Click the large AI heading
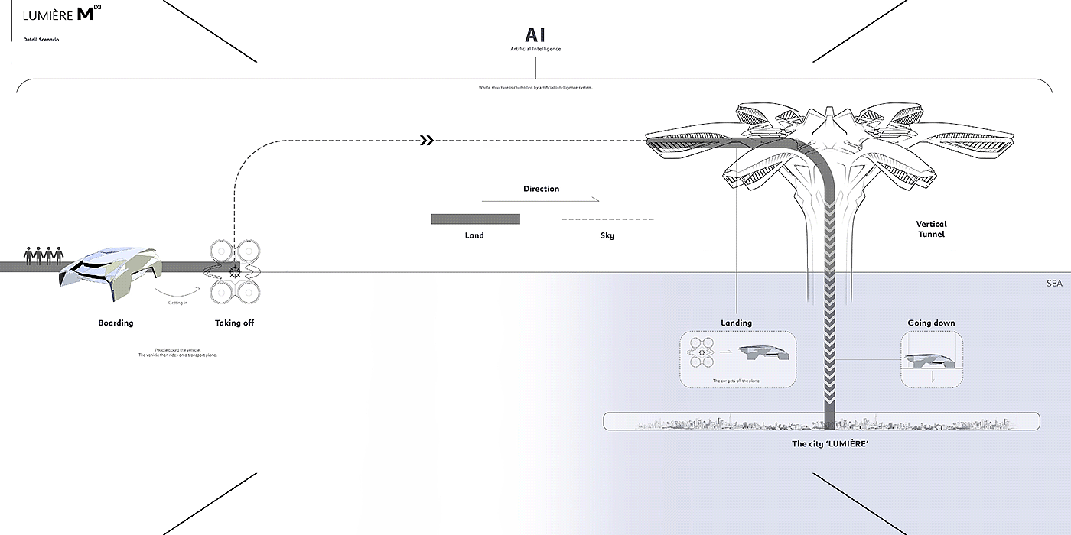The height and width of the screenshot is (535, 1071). click(535, 35)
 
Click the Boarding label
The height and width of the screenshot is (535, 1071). click(116, 323)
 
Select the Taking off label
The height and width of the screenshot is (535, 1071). click(234, 323)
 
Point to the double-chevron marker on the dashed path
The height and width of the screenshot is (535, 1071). click(427, 141)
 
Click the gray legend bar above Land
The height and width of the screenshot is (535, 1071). click(475, 219)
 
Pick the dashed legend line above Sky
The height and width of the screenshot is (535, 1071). click(607, 219)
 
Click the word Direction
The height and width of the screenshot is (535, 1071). click(541, 189)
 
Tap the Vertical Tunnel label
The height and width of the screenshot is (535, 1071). click(931, 229)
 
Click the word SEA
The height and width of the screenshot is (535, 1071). click(1055, 284)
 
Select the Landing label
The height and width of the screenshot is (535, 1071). click(736, 323)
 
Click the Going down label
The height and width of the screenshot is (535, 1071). click(931, 323)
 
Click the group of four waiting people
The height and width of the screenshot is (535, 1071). click(43, 255)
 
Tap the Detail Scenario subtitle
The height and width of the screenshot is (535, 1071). click(41, 39)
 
